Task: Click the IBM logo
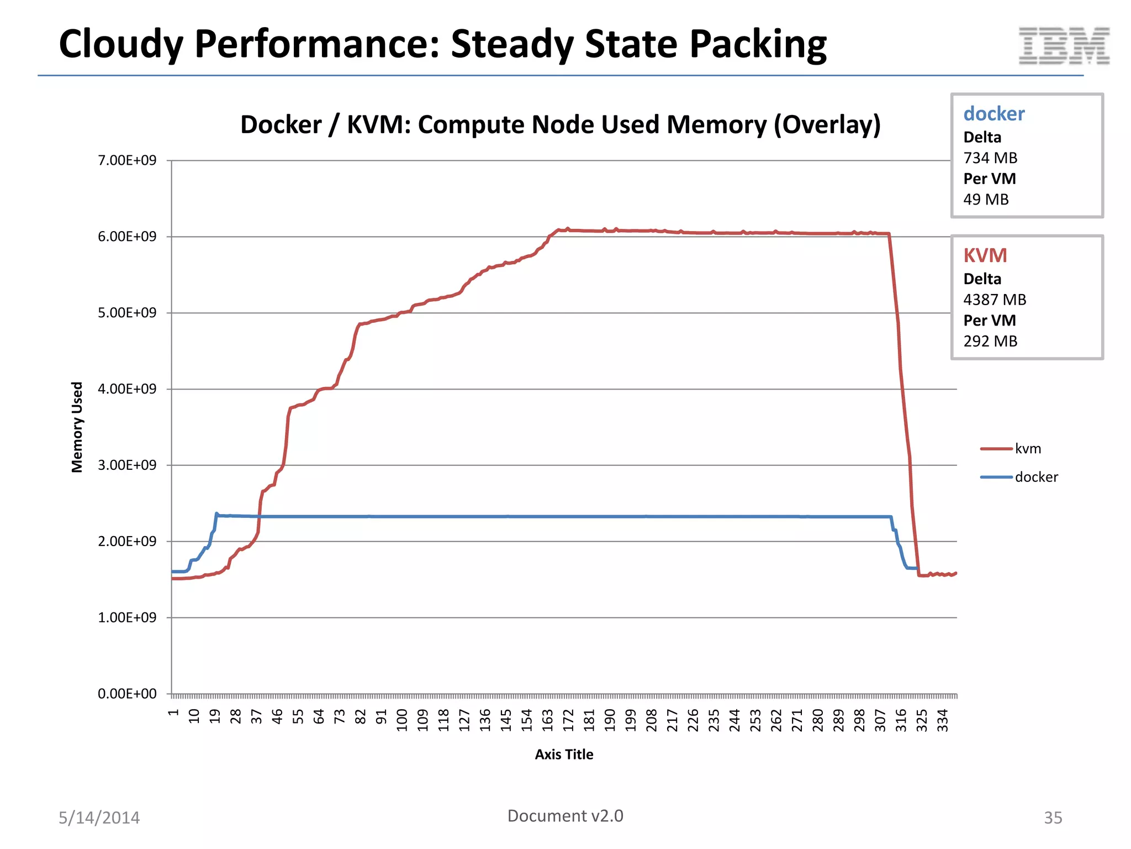coord(1064,46)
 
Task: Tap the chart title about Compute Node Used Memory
coord(560,124)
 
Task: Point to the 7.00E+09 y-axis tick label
coord(127,160)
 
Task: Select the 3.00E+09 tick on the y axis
coord(127,465)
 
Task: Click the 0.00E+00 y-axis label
coord(127,694)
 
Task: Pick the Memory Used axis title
coord(77,427)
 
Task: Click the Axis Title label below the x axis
coord(564,754)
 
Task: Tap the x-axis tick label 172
coord(568,721)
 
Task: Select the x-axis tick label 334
coord(943,721)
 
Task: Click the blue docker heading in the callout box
coord(993,114)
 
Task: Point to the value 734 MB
coord(990,158)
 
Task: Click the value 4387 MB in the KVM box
coord(995,300)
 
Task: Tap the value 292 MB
coord(990,341)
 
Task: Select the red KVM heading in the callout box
coord(985,255)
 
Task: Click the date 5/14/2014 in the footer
coord(99,817)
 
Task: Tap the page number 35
coord(1053,817)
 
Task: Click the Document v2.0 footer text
coord(565,816)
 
